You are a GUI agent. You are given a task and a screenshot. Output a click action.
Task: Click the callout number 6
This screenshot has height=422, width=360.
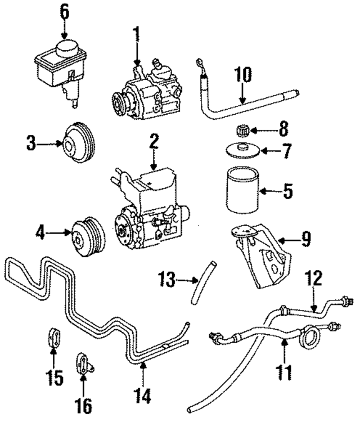click(x=65, y=11)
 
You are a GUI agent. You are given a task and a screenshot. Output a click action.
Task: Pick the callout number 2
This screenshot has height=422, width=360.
click(x=153, y=142)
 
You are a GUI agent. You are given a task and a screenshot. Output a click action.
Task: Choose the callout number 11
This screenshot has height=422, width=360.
click(x=285, y=371)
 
